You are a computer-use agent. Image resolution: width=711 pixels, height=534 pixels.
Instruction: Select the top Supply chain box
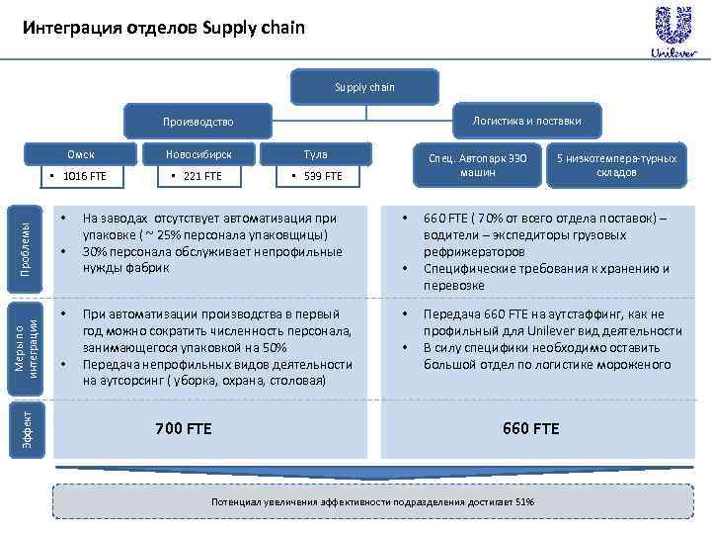364,87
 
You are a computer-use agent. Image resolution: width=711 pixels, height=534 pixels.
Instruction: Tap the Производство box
198,122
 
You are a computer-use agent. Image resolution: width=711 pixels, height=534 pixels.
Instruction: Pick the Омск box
81,154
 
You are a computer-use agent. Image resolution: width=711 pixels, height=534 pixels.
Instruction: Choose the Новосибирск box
198,154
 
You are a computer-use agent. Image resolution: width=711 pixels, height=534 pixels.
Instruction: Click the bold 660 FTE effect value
531,428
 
